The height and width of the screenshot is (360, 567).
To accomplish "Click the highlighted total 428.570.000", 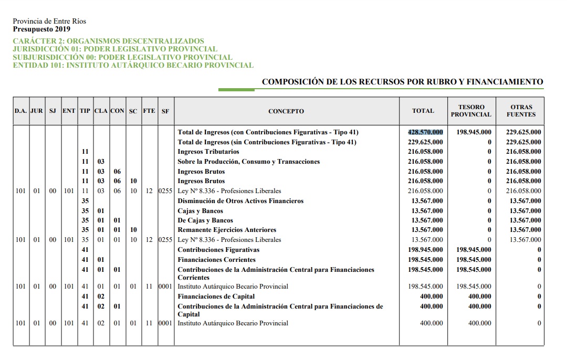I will (x=425, y=132).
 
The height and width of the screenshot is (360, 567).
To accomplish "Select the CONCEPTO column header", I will (x=286, y=111).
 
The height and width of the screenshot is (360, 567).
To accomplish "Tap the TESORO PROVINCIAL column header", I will (x=471, y=111).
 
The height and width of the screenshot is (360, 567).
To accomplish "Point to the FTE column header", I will (x=149, y=111).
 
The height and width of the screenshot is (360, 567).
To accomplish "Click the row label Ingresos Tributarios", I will (x=208, y=152).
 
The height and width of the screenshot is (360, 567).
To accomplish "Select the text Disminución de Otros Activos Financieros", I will (x=240, y=201).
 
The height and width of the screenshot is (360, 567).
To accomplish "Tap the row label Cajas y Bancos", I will (x=200, y=211).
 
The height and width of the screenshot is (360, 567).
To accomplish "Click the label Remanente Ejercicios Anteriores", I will (x=227, y=230).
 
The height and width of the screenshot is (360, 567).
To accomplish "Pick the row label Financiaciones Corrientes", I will (x=216, y=260).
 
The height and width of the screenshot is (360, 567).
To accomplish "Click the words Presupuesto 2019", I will (x=41, y=29).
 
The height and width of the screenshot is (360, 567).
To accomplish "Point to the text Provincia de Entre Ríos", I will (x=49, y=22).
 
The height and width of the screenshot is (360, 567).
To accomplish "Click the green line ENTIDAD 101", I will (x=133, y=66).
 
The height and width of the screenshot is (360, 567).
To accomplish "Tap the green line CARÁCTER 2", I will (x=108, y=41).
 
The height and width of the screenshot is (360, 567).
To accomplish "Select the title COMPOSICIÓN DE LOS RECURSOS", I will (x=402, y=82).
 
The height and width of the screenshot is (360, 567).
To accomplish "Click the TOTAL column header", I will (x=423, y=111).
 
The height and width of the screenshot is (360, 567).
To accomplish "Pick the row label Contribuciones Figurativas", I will (x=218, y=250).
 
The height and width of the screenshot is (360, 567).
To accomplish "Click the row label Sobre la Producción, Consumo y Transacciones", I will (x=248, y=162).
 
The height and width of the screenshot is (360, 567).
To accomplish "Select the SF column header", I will (x=165, y=111).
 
